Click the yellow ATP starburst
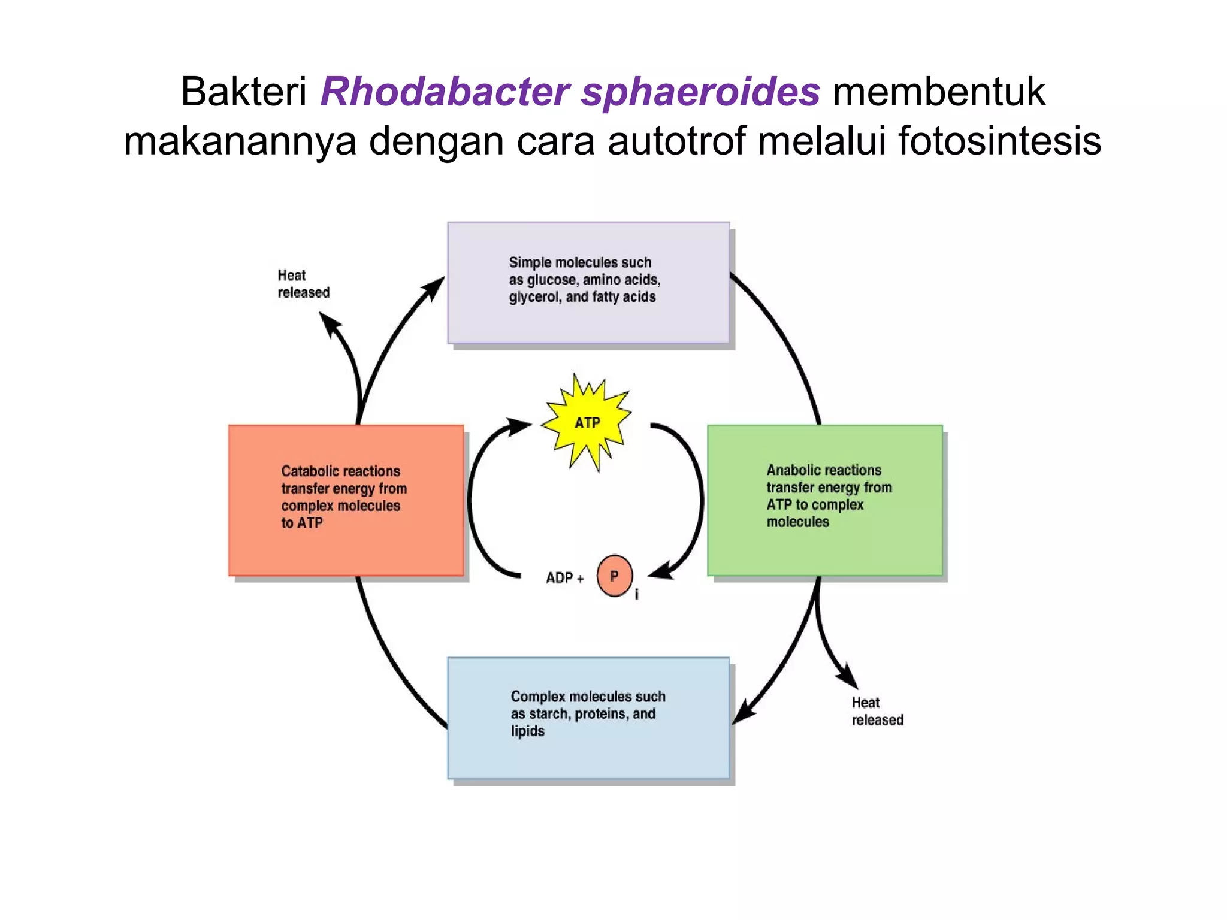[x=587, y=422]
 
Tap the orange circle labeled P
[x=614, y=576]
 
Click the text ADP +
[x=564, y=578]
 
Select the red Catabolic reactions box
[x=346, y=500]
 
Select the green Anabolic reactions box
[x=824, y=500]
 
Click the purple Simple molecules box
[x=588, y=283]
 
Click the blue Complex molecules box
[x=588, y=718]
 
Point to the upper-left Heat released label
[x=303, y=284]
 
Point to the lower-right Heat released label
[x=877, y=711]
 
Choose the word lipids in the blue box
[x=527, y=731]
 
